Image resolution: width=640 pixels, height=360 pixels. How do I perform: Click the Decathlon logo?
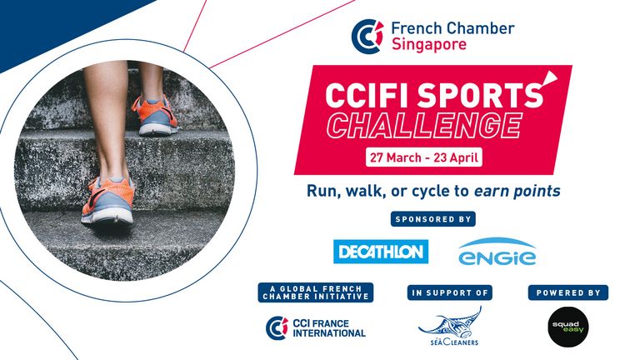[381, 252]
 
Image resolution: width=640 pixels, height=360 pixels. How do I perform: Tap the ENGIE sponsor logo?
[497, 252]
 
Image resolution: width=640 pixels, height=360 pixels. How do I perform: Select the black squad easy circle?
[567, 327]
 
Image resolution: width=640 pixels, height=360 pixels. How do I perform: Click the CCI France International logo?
[316, 328]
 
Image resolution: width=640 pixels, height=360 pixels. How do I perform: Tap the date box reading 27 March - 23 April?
[423, 157]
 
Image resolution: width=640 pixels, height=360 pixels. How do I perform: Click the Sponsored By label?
[433, 219]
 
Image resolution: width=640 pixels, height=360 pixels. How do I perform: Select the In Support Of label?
[450, 292]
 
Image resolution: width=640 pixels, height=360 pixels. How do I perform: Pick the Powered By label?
[568, 292]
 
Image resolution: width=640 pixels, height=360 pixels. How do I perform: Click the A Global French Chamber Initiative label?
[316, 292]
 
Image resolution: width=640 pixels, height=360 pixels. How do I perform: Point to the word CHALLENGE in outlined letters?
[424, 125]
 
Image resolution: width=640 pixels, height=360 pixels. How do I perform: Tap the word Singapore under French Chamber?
[429, 44]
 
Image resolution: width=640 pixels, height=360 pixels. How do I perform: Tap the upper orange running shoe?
[155, 115]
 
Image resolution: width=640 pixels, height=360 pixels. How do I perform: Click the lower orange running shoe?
[107, 200]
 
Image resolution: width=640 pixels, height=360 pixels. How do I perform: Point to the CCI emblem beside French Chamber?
[367, 37]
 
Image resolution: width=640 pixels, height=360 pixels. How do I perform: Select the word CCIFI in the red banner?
[368, 96]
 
